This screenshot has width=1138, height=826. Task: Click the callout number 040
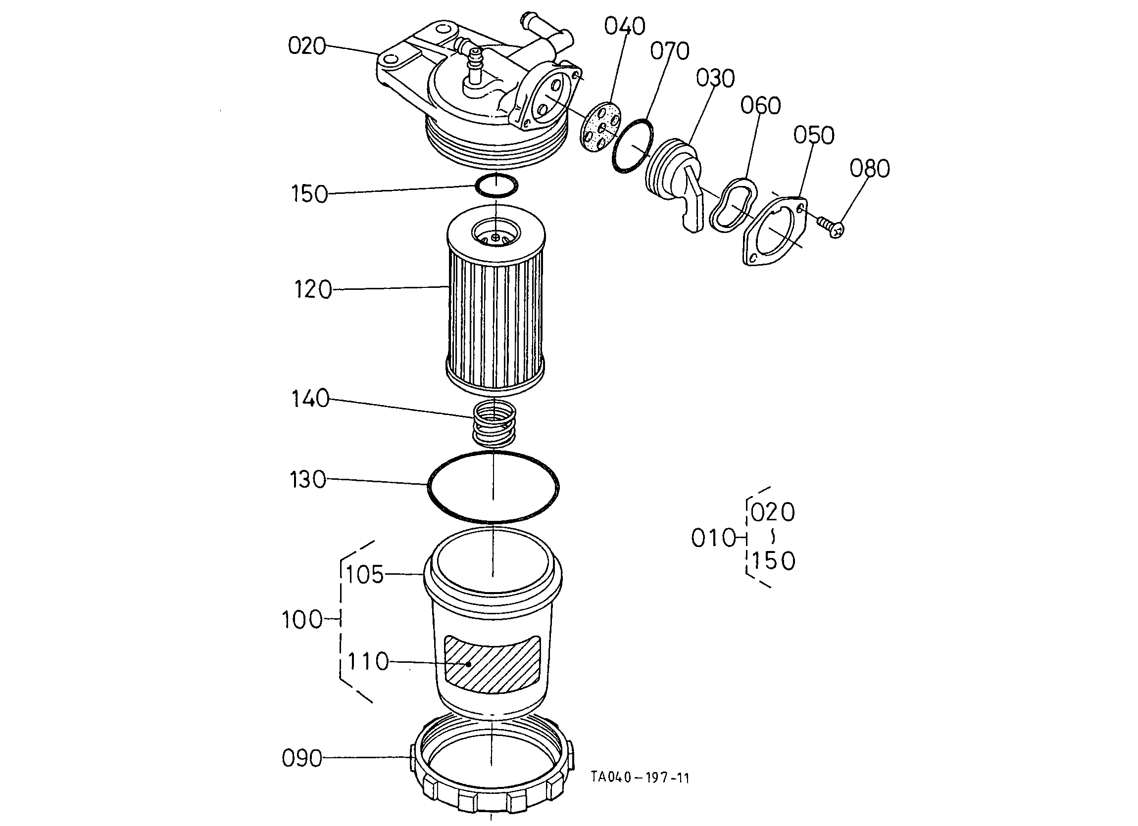624,26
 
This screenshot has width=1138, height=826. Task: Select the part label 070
670,50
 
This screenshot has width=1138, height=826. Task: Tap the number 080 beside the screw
870,169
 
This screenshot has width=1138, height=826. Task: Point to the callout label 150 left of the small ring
309,194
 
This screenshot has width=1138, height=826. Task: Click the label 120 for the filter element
313,290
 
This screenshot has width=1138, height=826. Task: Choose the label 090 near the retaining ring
301,758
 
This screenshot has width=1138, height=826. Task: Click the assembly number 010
713,538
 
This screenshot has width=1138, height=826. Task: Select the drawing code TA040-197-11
640,778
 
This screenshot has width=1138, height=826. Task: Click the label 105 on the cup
365,575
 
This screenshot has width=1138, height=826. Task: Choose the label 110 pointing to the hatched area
368,661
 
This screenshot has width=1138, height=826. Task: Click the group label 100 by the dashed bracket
302,620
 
